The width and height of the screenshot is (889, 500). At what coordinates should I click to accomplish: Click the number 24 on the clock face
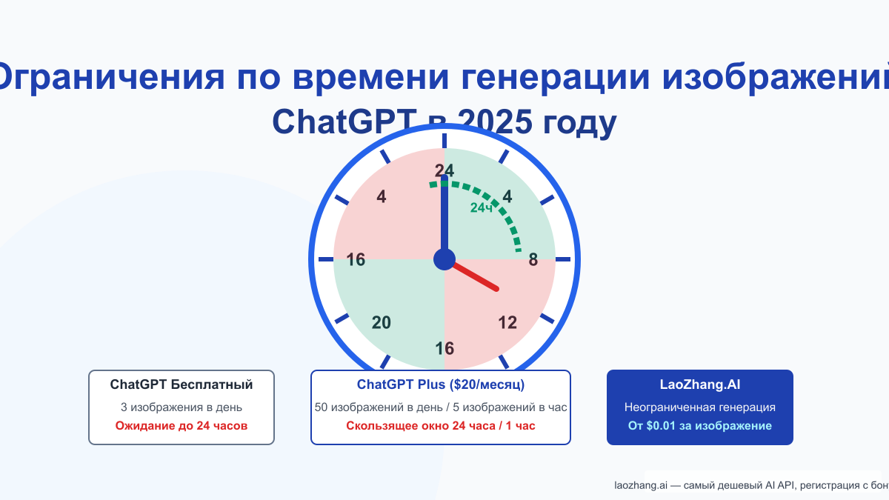coord(444,170)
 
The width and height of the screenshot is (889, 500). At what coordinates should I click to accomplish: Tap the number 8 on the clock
coord(533,260)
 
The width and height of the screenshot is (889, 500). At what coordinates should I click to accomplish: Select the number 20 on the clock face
coord(382,323)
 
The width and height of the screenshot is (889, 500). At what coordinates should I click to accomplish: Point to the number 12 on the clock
coord(507,323)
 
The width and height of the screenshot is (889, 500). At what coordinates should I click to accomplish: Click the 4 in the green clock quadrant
coord(507,197)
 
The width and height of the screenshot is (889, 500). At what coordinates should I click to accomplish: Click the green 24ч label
coord(482,208)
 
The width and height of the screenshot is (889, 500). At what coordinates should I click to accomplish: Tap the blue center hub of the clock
coord(444,259)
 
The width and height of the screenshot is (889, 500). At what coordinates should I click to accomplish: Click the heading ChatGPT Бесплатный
coord(182,385)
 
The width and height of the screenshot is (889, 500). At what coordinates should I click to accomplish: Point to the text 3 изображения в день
coord(182,407)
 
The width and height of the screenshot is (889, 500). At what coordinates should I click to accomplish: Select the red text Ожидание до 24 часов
coord(182,426)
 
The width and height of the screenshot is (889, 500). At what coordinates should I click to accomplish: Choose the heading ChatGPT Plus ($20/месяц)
coord(441,385)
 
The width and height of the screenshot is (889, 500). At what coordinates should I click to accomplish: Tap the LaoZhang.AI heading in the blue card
coord(700,385)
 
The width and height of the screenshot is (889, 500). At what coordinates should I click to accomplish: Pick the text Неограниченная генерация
coord(700,407)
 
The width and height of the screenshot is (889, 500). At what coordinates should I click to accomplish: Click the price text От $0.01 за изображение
coord(700,426)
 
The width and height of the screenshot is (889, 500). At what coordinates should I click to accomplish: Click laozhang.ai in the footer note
coord(641,486)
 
